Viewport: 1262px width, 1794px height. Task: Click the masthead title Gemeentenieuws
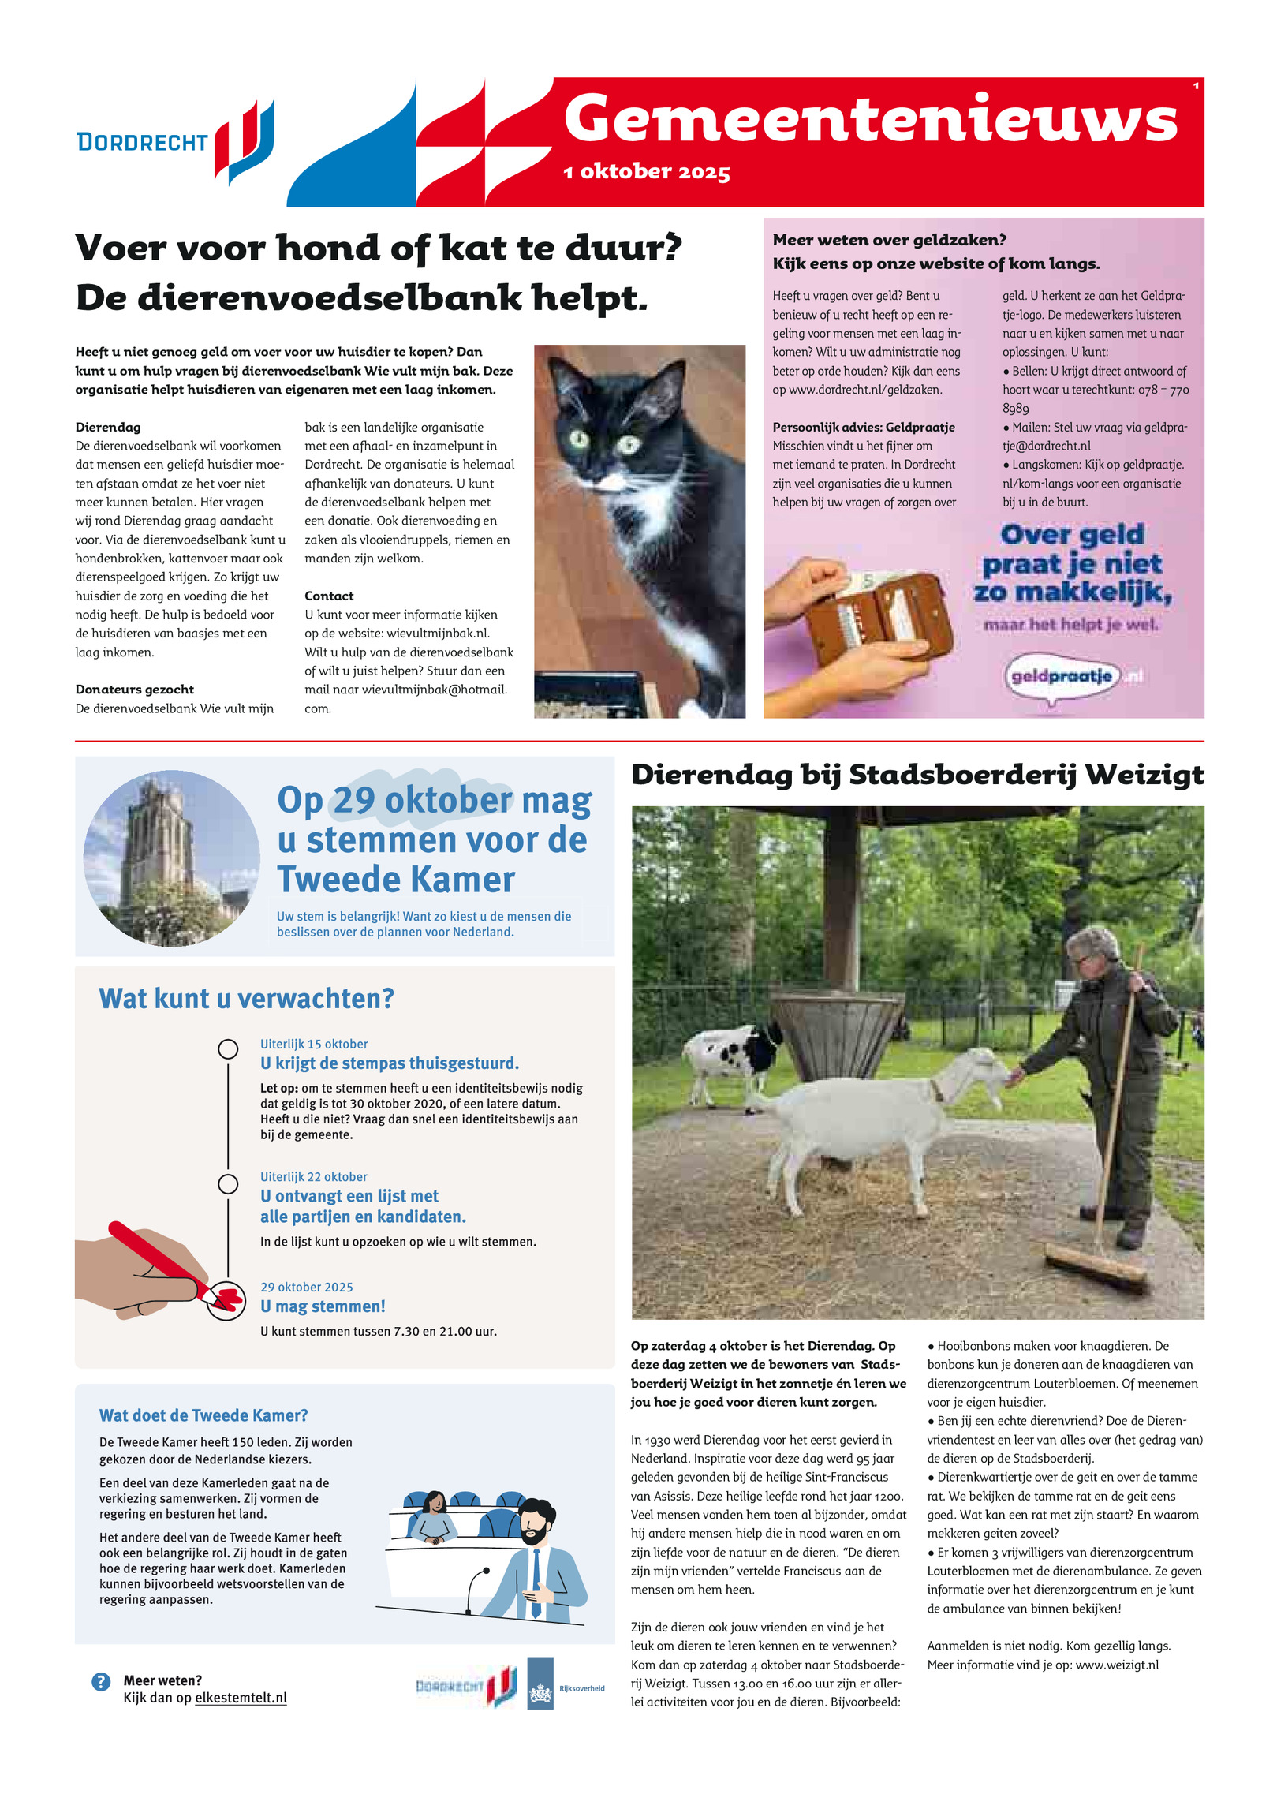click(x=870, y=120)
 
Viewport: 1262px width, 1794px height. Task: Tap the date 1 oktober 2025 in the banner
click(x=647, y=172)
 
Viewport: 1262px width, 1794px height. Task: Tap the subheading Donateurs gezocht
click(x=134, y=690)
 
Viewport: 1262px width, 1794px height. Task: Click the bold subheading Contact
click(x=329, y=596)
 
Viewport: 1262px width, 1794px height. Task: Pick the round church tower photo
click(x=171, y=858)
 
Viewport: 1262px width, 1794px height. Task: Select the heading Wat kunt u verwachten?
click(x=246, y=999)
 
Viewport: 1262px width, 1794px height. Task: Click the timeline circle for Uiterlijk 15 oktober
click(x=228, y=1048)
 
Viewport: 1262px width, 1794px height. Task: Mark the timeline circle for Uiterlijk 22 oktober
click(x=228, y=1184)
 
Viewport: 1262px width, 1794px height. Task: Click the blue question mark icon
click(x=101, y=1681)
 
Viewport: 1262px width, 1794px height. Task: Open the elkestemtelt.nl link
click(x=241, y=1698)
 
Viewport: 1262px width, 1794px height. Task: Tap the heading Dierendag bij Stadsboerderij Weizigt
click(x=917, y=776)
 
